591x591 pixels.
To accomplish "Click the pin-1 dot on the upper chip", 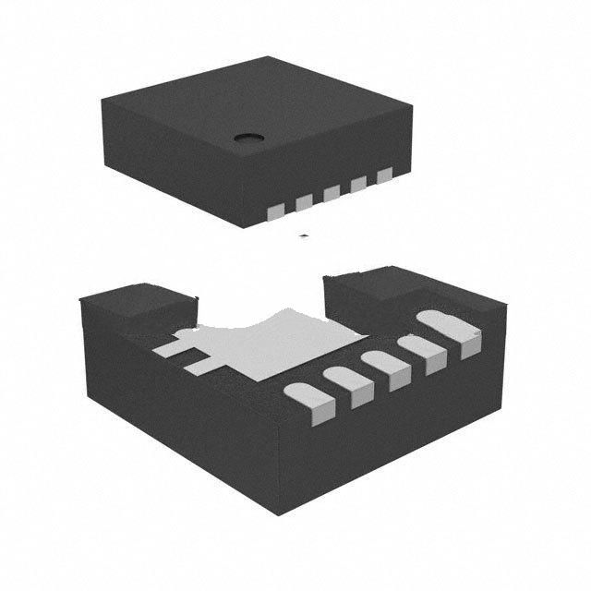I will tap(247, 139).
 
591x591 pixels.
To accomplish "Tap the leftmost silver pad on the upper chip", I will tap(274, 213).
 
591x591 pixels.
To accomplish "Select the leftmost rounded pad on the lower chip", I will tap(307, 405).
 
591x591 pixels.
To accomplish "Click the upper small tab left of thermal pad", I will tap(172, 349).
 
